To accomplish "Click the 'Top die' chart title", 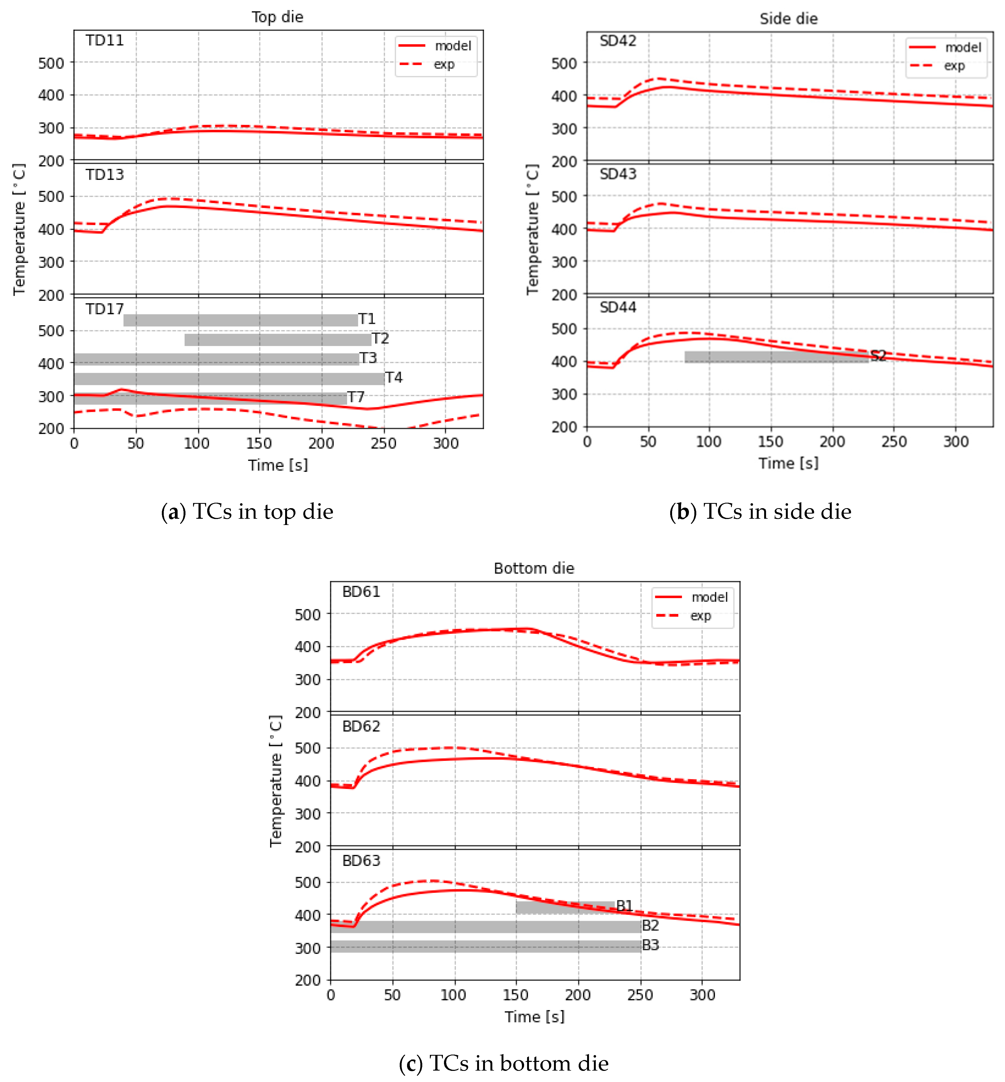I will click(x=277, y=17).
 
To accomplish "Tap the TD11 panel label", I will click(x=105, y=40).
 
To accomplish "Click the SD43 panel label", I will click(x=618, y=174).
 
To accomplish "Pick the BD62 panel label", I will click(x=361, y=726).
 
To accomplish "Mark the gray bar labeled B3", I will click(x=486, y=947).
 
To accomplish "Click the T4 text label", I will click(x=394, y=377).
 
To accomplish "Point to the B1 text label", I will click(x=624, y=906).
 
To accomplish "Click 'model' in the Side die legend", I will click(x=963, y=48).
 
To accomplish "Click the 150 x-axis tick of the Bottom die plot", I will click(x=516, y=995).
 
